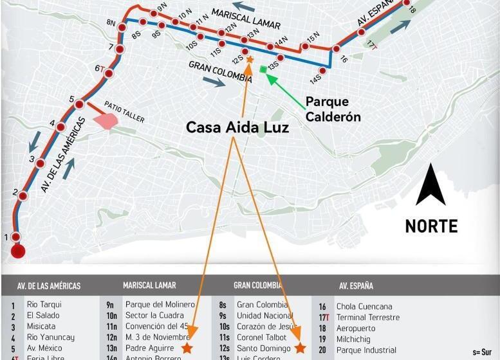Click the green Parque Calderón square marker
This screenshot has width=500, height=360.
(x=263, y=69)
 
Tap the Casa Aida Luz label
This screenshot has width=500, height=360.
(x=237, y=127)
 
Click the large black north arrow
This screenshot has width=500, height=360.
(x=431, y=185)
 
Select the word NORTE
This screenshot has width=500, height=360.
(x=431, y=226)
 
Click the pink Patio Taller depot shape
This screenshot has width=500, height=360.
(x=106, y=119)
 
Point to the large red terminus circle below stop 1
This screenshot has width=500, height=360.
(x=18, y=251)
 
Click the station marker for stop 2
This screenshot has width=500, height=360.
(x=23, y=195)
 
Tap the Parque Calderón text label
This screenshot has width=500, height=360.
(x=333, y=109)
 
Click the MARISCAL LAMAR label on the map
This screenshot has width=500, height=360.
(x=246, y=19)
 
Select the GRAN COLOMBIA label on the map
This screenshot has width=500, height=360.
(x=220, y=72)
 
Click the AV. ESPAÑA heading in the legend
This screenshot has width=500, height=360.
(x=356, y=286)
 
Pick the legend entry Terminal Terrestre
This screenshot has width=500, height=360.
(x=367, y=317)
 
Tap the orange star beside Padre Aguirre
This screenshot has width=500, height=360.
(x=187, y=348)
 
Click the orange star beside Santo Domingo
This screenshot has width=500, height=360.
(x=299, y=348)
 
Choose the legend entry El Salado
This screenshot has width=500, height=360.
(x=42, y=315)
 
